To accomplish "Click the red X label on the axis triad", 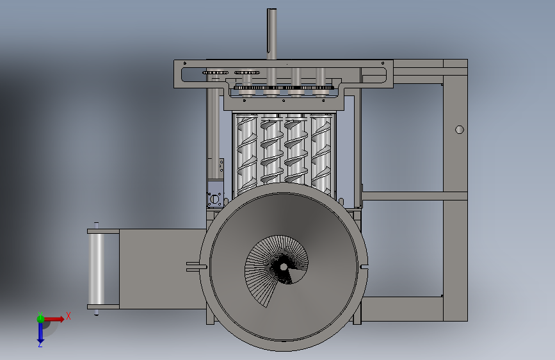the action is pyautogui.click(x=68, y=316).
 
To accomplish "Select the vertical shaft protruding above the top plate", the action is pyautogui.click(x=271, y=34).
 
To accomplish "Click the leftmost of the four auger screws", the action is pyautogui.click(x=246, y=154).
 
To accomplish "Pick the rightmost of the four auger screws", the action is pyautogui.click(x=321, y=154).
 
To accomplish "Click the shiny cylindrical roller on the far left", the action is pyautogui.click(x=96, y=269).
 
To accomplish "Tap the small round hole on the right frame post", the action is pyautogui.click(x=460, y=129).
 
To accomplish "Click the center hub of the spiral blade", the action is pyautogui.click(x=284, y=267).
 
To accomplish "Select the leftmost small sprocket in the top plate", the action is pyautogui.click(x=215, y=72).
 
